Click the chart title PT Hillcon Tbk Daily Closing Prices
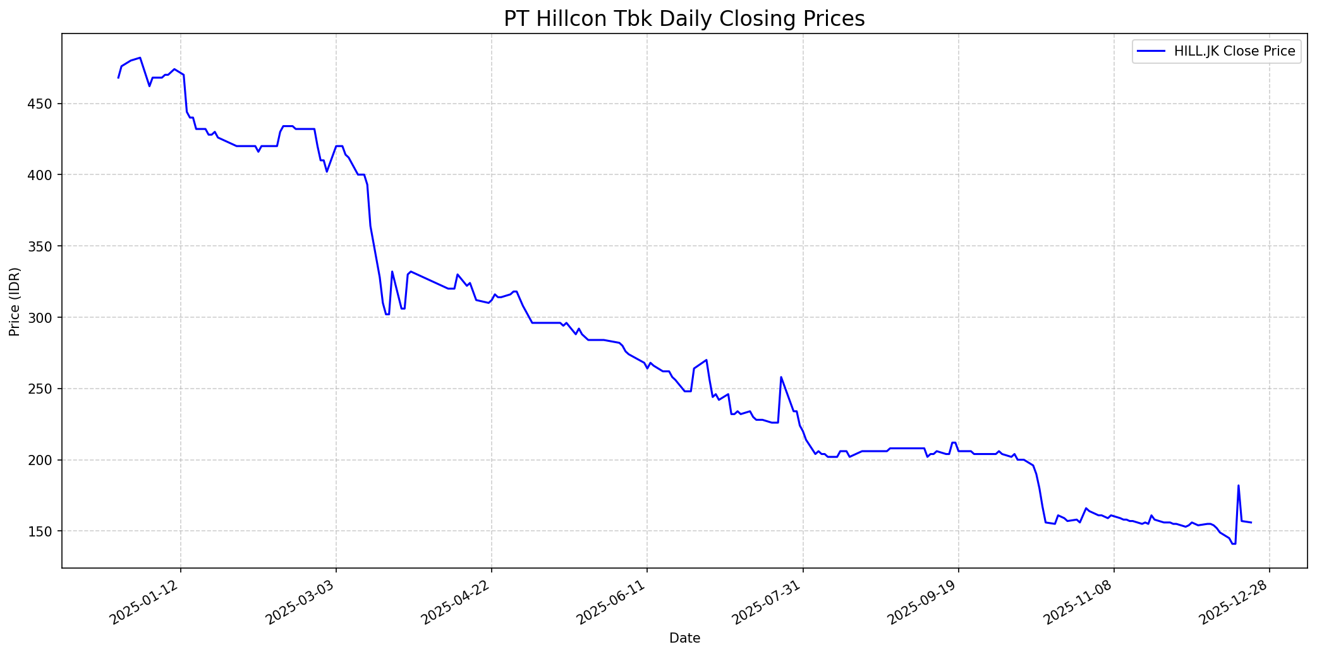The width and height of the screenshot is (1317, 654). [x=684, y=19]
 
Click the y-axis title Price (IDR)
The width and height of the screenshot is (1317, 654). [x=15, y=301]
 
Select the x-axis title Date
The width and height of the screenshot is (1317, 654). [x=684, y=638]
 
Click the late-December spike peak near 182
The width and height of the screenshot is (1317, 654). [x=1238, y=485]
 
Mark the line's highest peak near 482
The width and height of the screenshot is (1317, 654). [x=140, y=58]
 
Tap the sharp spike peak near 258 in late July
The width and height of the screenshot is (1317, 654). [x=780, y=377]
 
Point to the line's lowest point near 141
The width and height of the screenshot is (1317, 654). [x=1233, y=544]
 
